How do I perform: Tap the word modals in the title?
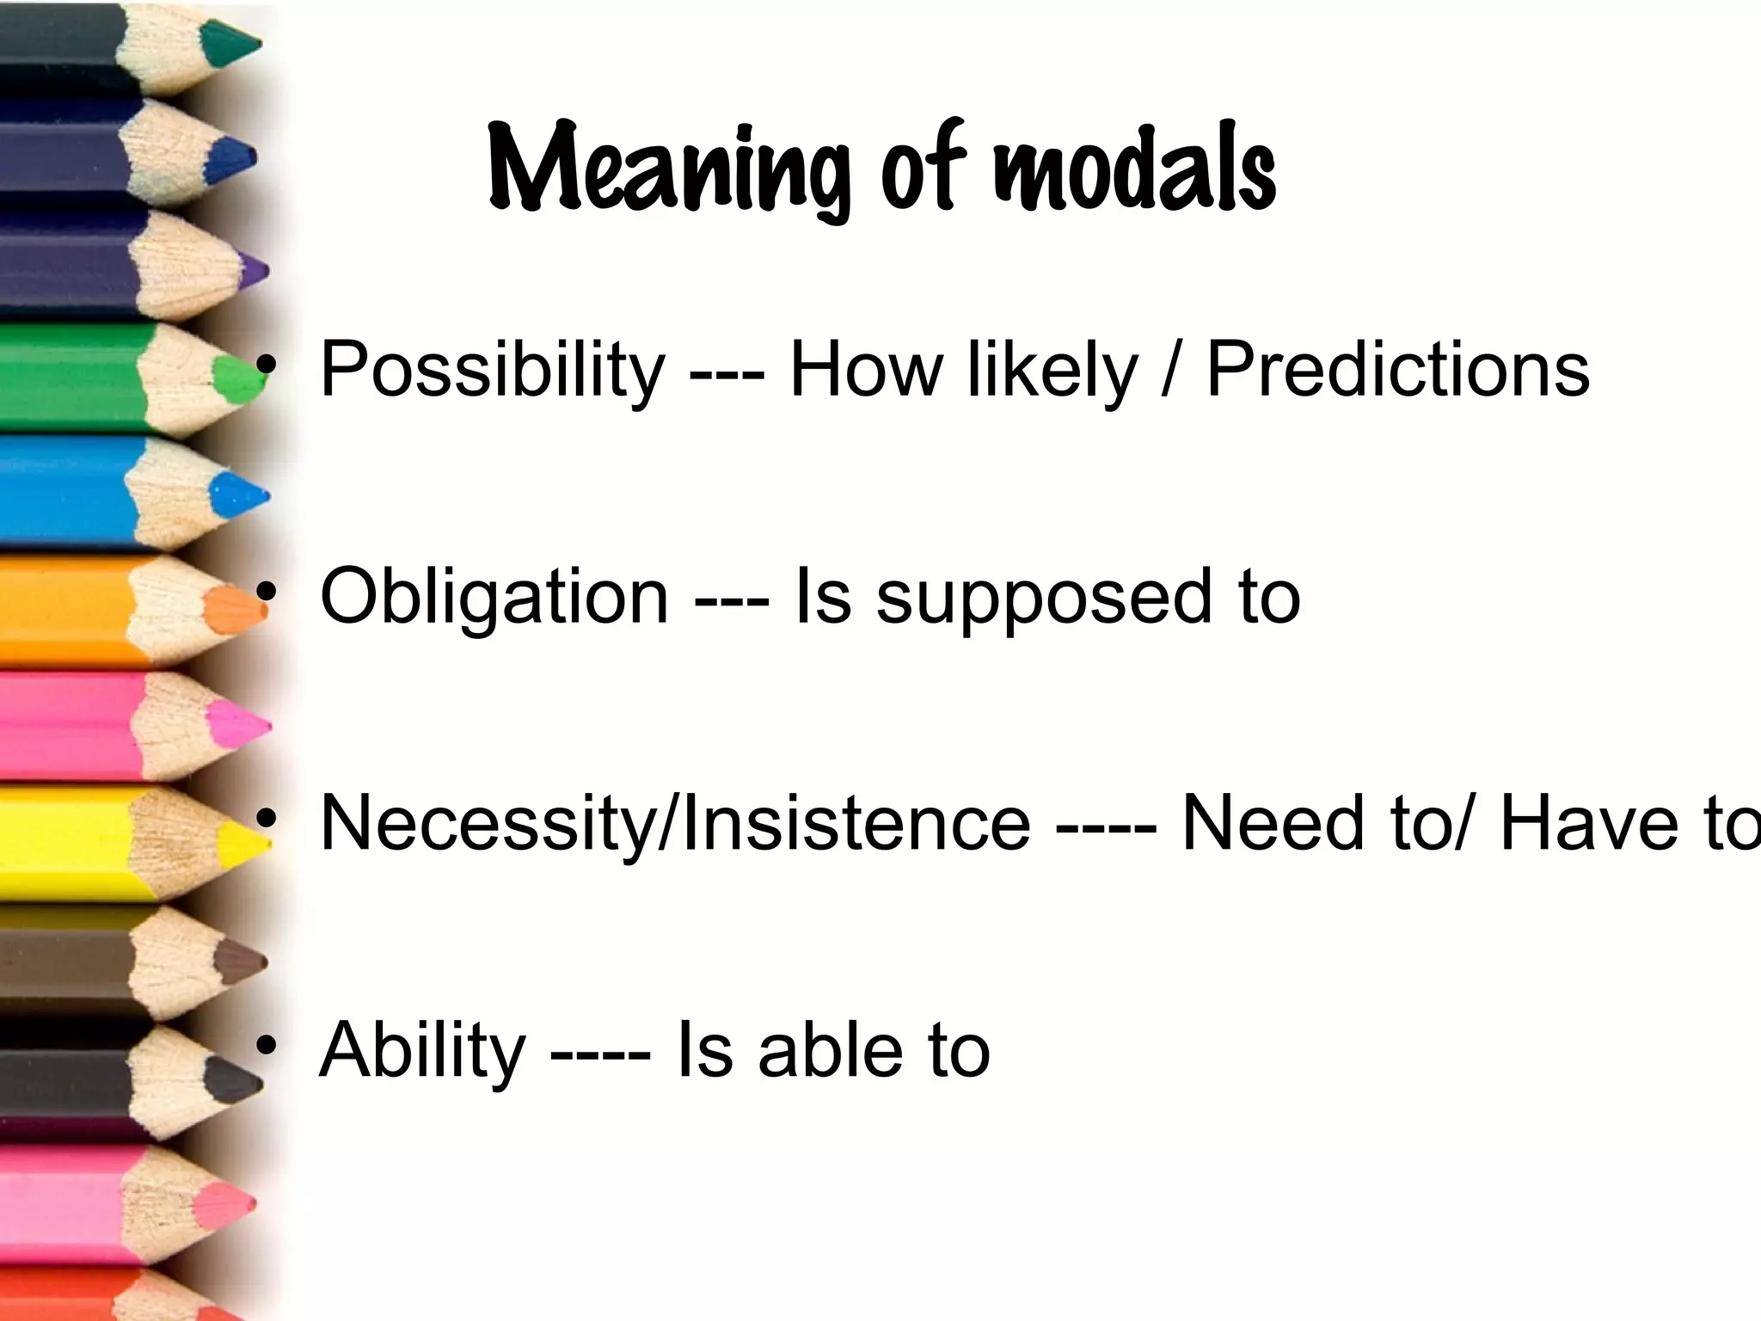[x=1135, y=168]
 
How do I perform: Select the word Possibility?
[x=492, y=370]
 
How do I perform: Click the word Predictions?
[x=1397, y=370]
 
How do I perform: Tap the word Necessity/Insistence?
[x=674, y=824]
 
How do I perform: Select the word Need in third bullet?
[x=1273, y=824]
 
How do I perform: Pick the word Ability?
[x=421, y=1051]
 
